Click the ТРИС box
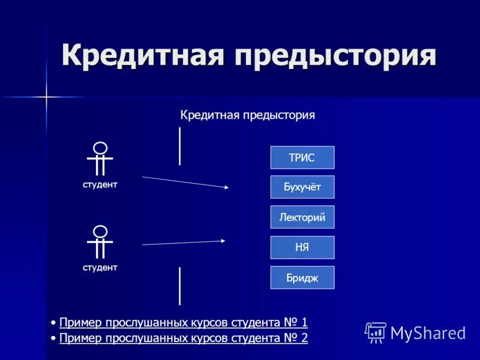(302, 157)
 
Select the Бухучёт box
(302, 187)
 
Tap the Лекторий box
(302, 217)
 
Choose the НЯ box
(302, 247)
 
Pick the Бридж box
(302, 277)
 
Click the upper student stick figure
(100, 158)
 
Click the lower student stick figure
(100, 241)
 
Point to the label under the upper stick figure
(100, 185)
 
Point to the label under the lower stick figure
(100, 268)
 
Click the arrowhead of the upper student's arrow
(226, 187)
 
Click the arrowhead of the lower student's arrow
(223, 241)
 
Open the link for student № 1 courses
(184, 323)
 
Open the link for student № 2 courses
(184, 338)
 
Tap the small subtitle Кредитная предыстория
(248, 115)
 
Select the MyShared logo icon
(376, 332)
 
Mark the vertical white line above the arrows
(179, 146)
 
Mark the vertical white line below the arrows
(179, 286)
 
